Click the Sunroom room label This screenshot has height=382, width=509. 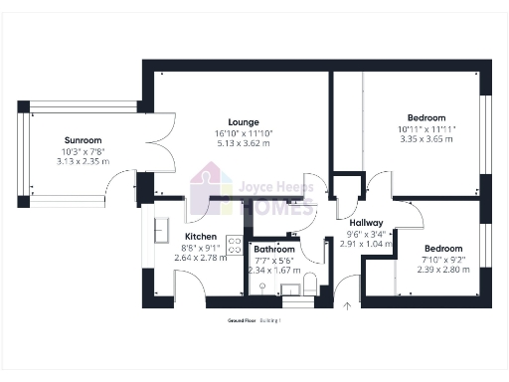pos(83,140)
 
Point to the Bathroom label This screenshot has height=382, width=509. pos(273,249)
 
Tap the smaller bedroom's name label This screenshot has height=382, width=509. pos(442,249)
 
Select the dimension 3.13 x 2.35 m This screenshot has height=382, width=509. pos(83,160)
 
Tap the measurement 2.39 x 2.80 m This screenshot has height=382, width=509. pos(442,269)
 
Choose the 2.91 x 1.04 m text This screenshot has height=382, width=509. pos(359,243)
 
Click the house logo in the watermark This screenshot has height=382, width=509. pos(210,190)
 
